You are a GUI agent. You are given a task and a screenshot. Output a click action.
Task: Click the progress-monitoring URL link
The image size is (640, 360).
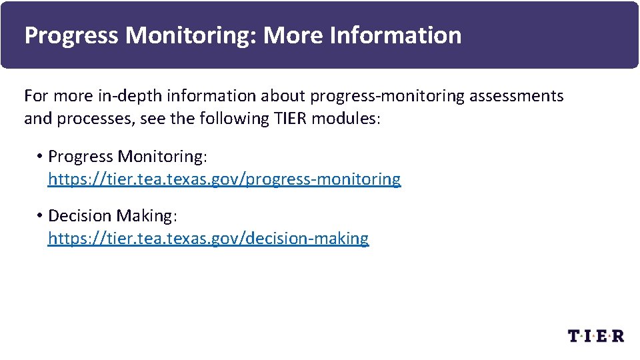point(224,179)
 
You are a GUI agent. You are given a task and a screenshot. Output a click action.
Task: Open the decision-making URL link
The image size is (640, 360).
point(208,239)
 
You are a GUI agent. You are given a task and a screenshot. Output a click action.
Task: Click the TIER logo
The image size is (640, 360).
point(596,335)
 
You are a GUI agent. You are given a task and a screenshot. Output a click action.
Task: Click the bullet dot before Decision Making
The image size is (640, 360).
point(41,215)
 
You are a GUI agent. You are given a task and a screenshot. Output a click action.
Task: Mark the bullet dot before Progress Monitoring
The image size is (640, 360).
point(41,156)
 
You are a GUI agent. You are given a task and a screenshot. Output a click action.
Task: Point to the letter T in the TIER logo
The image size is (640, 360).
point(574,335)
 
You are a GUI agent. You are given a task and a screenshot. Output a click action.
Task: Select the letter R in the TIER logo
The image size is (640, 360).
point(617,335)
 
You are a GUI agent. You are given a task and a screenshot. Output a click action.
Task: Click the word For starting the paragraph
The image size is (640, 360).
point(36,96)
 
